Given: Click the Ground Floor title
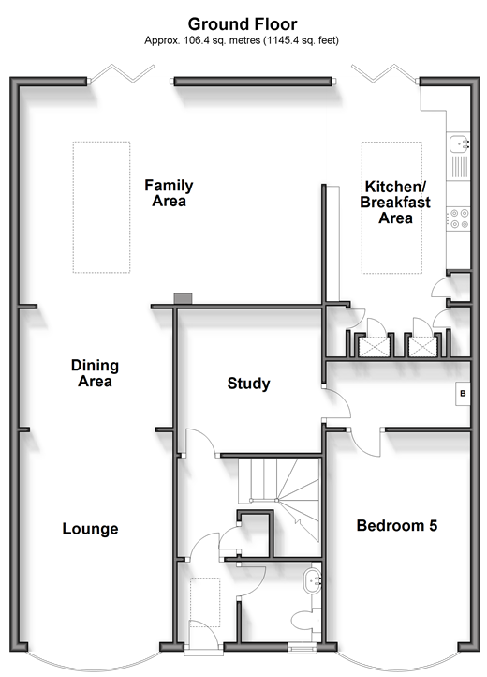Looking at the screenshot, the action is [x=243, y=23].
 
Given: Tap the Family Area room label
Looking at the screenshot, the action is [x=169, y=193].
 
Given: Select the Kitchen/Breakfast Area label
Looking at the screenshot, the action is [x=395, y=202].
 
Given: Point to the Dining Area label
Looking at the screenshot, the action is [x=95, y=373].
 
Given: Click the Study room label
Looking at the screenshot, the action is [x=248, y=384].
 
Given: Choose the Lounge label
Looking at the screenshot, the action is [x=90, y=529].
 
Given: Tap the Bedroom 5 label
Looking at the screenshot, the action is [x=397, y=525].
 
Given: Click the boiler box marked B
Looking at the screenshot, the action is [x=463, y=393].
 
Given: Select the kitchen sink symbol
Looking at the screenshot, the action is [x=458, y=143].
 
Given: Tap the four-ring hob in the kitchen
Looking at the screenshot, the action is [x=459, y=218].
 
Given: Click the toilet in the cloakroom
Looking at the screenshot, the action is [x=306, y=621].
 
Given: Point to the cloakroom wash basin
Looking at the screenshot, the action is [x=312, y=580].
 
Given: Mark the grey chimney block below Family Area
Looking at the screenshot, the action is [x=183, y=298].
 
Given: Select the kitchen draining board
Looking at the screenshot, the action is [x=458, y=167].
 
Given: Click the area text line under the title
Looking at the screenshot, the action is [x=242, y=40].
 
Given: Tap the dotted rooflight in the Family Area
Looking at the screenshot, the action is [x=101, y=207].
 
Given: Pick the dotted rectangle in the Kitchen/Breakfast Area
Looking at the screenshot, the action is [x=391, y=207].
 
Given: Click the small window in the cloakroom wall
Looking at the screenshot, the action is [x=302, y=648].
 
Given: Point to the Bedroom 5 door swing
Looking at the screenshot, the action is [x=365, y=444].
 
